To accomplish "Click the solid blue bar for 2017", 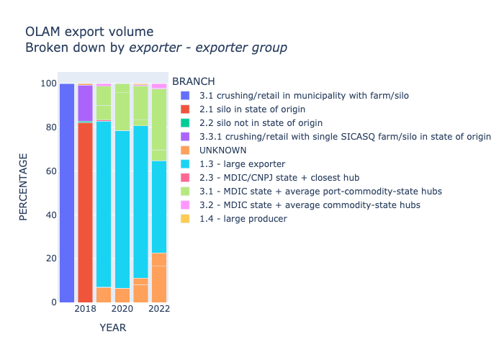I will pos(67,193).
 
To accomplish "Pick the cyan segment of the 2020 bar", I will pos(122,209).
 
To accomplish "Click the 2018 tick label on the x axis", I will pos(85,309).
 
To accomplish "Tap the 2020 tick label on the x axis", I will pos(122,309).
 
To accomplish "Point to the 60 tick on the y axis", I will pos(48,171).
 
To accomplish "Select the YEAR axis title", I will pos(113,328).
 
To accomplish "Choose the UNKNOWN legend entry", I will pos(222,150).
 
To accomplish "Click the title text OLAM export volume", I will pos(89,32).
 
